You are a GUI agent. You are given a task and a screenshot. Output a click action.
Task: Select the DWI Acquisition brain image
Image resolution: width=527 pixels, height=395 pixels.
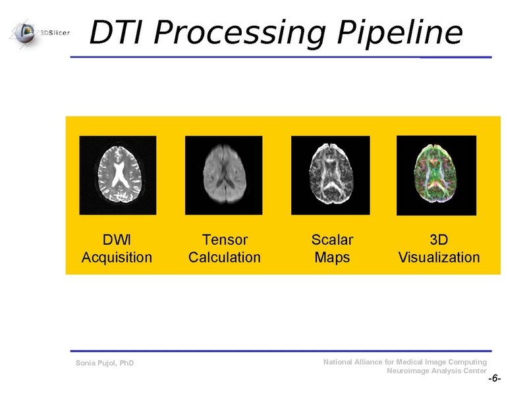117,175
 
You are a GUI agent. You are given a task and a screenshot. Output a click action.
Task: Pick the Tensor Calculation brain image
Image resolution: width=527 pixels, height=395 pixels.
223,175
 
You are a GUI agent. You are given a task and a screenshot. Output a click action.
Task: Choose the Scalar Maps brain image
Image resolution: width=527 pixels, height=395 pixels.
330,175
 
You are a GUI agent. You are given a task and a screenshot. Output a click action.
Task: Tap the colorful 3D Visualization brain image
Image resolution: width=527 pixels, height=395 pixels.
436,175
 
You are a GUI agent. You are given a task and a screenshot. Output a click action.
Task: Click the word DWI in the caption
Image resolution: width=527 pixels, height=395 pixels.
117,240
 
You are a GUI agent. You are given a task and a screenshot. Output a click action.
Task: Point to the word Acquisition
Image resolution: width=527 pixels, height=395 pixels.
117,257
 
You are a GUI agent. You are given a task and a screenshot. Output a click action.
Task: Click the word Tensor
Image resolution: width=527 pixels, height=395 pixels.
225,240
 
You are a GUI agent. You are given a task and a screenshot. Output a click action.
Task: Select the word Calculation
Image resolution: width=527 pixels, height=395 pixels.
225,257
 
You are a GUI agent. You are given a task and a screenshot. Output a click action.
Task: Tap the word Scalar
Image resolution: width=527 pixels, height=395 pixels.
332,240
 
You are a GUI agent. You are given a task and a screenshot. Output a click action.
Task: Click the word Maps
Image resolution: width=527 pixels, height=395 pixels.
332,257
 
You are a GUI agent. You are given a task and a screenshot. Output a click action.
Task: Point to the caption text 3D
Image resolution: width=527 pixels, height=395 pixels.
439,240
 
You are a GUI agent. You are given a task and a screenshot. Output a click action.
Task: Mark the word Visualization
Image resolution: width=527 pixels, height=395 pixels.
439,257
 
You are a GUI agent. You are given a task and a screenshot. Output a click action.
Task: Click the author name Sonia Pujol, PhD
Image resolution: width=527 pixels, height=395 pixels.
105,363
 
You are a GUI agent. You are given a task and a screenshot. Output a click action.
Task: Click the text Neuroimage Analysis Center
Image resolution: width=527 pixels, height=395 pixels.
436,371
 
